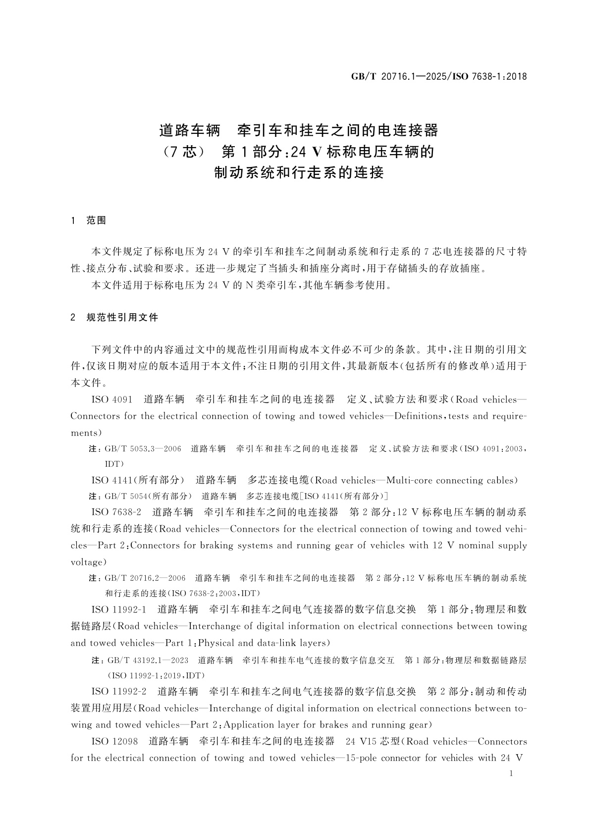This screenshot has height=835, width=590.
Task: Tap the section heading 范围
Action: [x=96, y=221]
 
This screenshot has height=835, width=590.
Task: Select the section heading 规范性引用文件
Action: [x=122, y=318]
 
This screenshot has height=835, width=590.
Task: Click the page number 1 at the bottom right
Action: [x=511, y=774]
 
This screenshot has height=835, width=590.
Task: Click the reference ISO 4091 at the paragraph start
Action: [x=112, y=399]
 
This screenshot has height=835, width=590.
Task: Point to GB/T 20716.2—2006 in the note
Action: [x=145, y=578]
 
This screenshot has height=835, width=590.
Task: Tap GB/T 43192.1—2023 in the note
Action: [x=148, y=661]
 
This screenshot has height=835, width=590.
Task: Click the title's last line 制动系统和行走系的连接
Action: [x=299, y=173]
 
